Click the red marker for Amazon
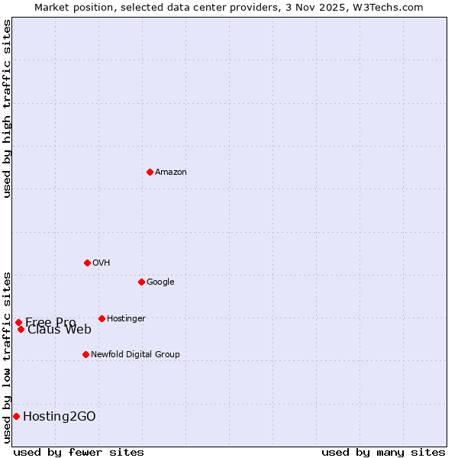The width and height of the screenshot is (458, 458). coord(150,172)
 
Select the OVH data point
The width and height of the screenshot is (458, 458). coord(87,263)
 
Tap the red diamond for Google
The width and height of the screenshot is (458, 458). coord(141,282)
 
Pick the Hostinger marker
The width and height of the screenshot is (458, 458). coord(102,318)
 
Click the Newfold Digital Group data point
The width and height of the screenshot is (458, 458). coord(85,354)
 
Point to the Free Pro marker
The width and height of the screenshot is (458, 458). coord(18,322)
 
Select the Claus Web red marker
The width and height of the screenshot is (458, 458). coord(21,329)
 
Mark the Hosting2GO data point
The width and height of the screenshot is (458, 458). coord(16,416)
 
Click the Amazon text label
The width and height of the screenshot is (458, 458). coord(171,173)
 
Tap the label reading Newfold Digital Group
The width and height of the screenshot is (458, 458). coord(135,354)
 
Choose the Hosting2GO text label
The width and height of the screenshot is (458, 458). coord(60,416)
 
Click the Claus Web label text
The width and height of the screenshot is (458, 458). coord(60,330)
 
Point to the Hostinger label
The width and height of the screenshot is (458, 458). coord(126,318)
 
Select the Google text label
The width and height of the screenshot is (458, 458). coord(160,282)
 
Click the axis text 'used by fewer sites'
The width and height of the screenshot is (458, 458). coord(79,452)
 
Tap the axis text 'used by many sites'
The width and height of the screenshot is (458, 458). coord(383,452)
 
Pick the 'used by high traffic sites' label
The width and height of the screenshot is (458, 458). coord(7,108)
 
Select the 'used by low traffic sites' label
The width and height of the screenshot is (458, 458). coord(7,356)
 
